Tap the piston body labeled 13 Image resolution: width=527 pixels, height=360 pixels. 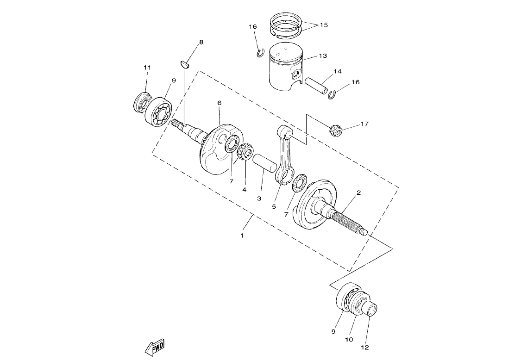coord(286,68)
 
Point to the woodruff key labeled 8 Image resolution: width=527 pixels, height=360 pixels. coord(185,64)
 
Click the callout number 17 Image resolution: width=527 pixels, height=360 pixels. coord(364,124)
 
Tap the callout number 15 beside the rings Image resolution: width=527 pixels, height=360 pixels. coord(324,25)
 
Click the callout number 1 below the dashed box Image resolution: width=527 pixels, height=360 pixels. coord(242,236)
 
